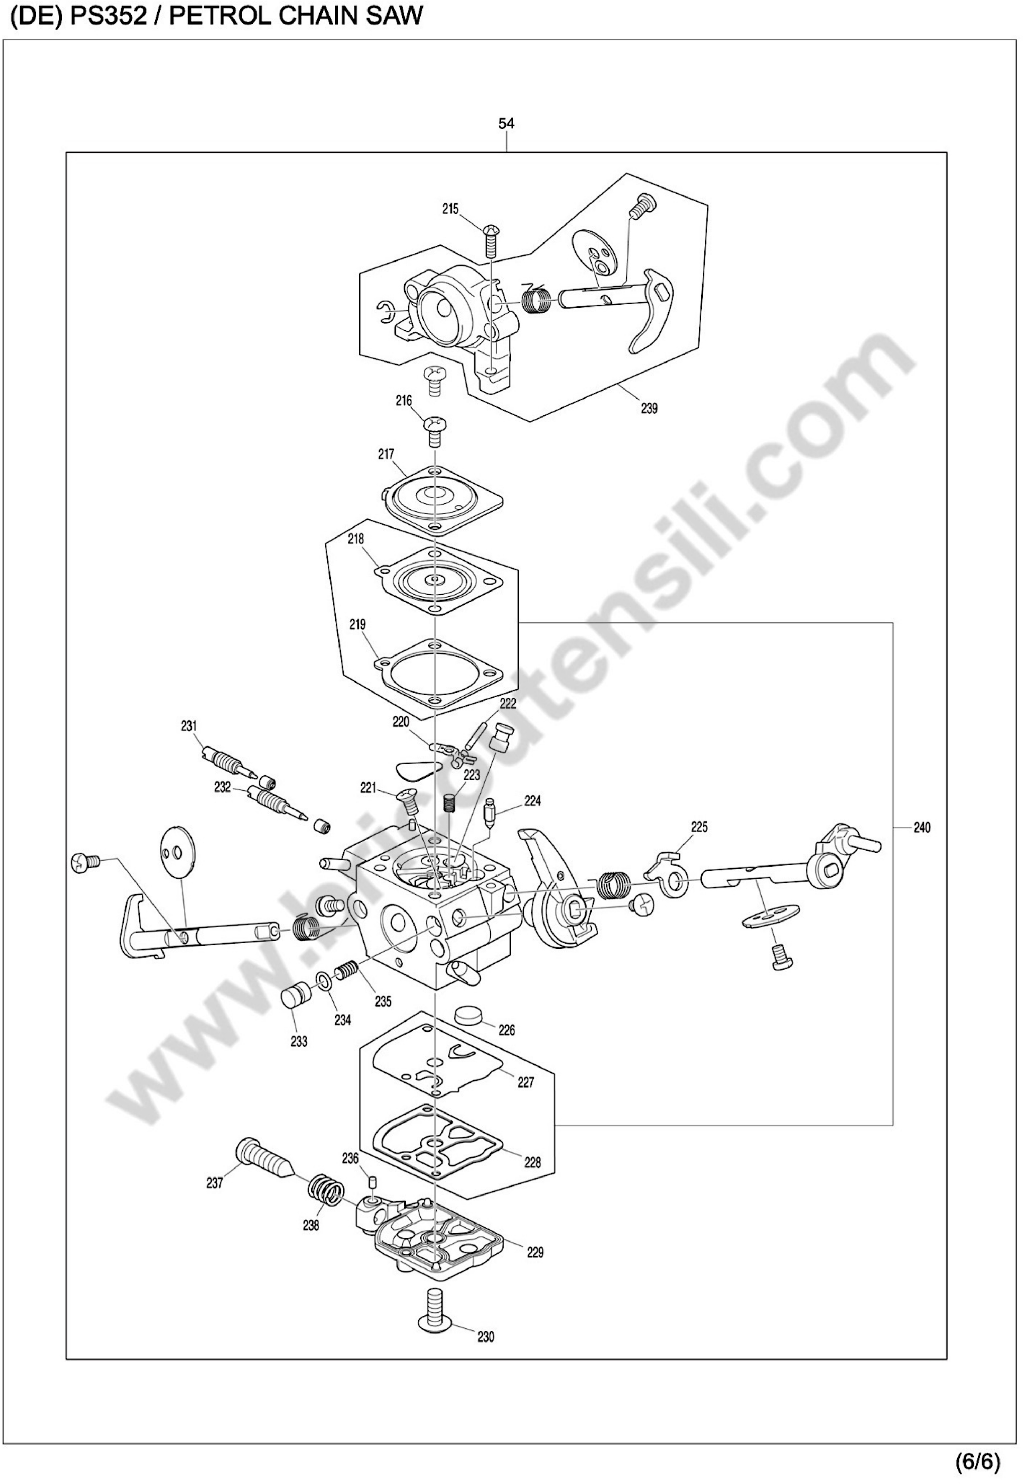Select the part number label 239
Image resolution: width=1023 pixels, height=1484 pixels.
coord(649,409)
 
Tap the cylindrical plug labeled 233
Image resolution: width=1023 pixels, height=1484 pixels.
coord(296,997)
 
